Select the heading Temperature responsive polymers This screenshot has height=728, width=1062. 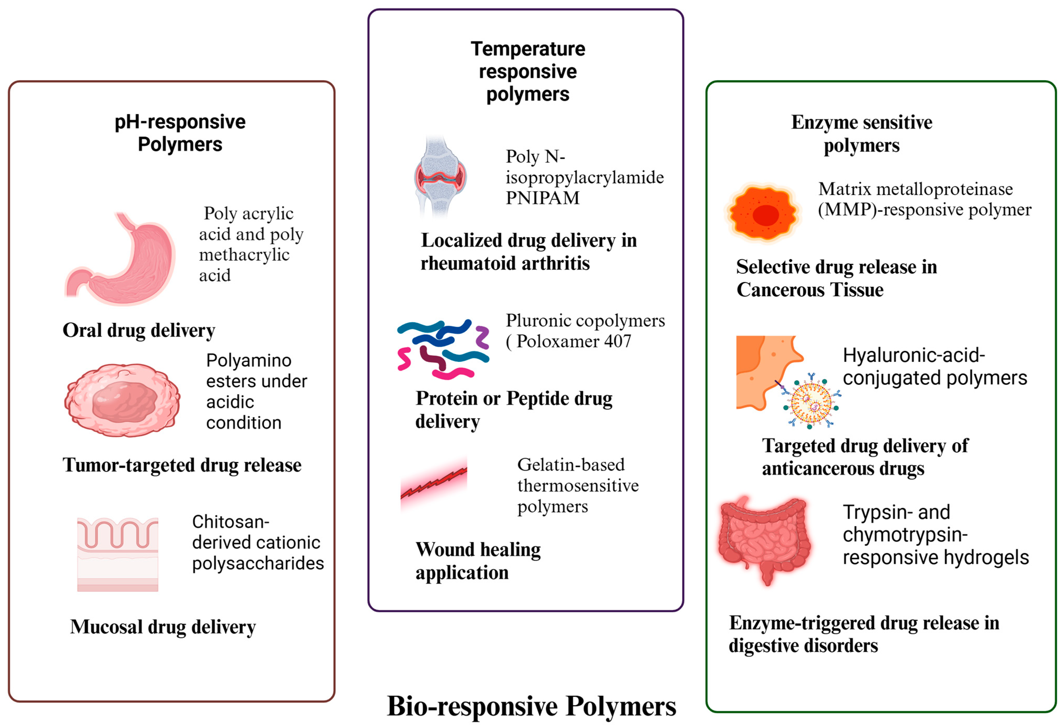click(x=528, y=71)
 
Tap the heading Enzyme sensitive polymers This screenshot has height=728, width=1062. click(x=861, y=134)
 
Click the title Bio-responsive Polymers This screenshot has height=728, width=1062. click(x=532, y=706)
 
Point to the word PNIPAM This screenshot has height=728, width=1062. click(x=542, y=198)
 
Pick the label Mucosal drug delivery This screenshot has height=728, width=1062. click(x=163, y=626)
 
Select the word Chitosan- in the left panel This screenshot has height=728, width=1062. click(x=231, y=522)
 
